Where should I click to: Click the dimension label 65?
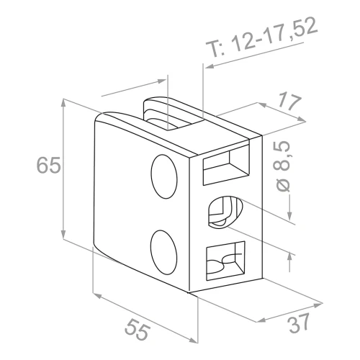[x=48, y=165]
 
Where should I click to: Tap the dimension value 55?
[x=136, y=329]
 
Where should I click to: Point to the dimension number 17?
[x=289, y=102]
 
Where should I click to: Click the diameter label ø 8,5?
[x=282, y=166]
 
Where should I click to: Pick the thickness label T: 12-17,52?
[x=262, y=37]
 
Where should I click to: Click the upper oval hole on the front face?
[x=164, y=176]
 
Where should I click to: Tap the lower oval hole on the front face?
[x=164, y=252]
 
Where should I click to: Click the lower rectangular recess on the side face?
[x=225, y=261]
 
